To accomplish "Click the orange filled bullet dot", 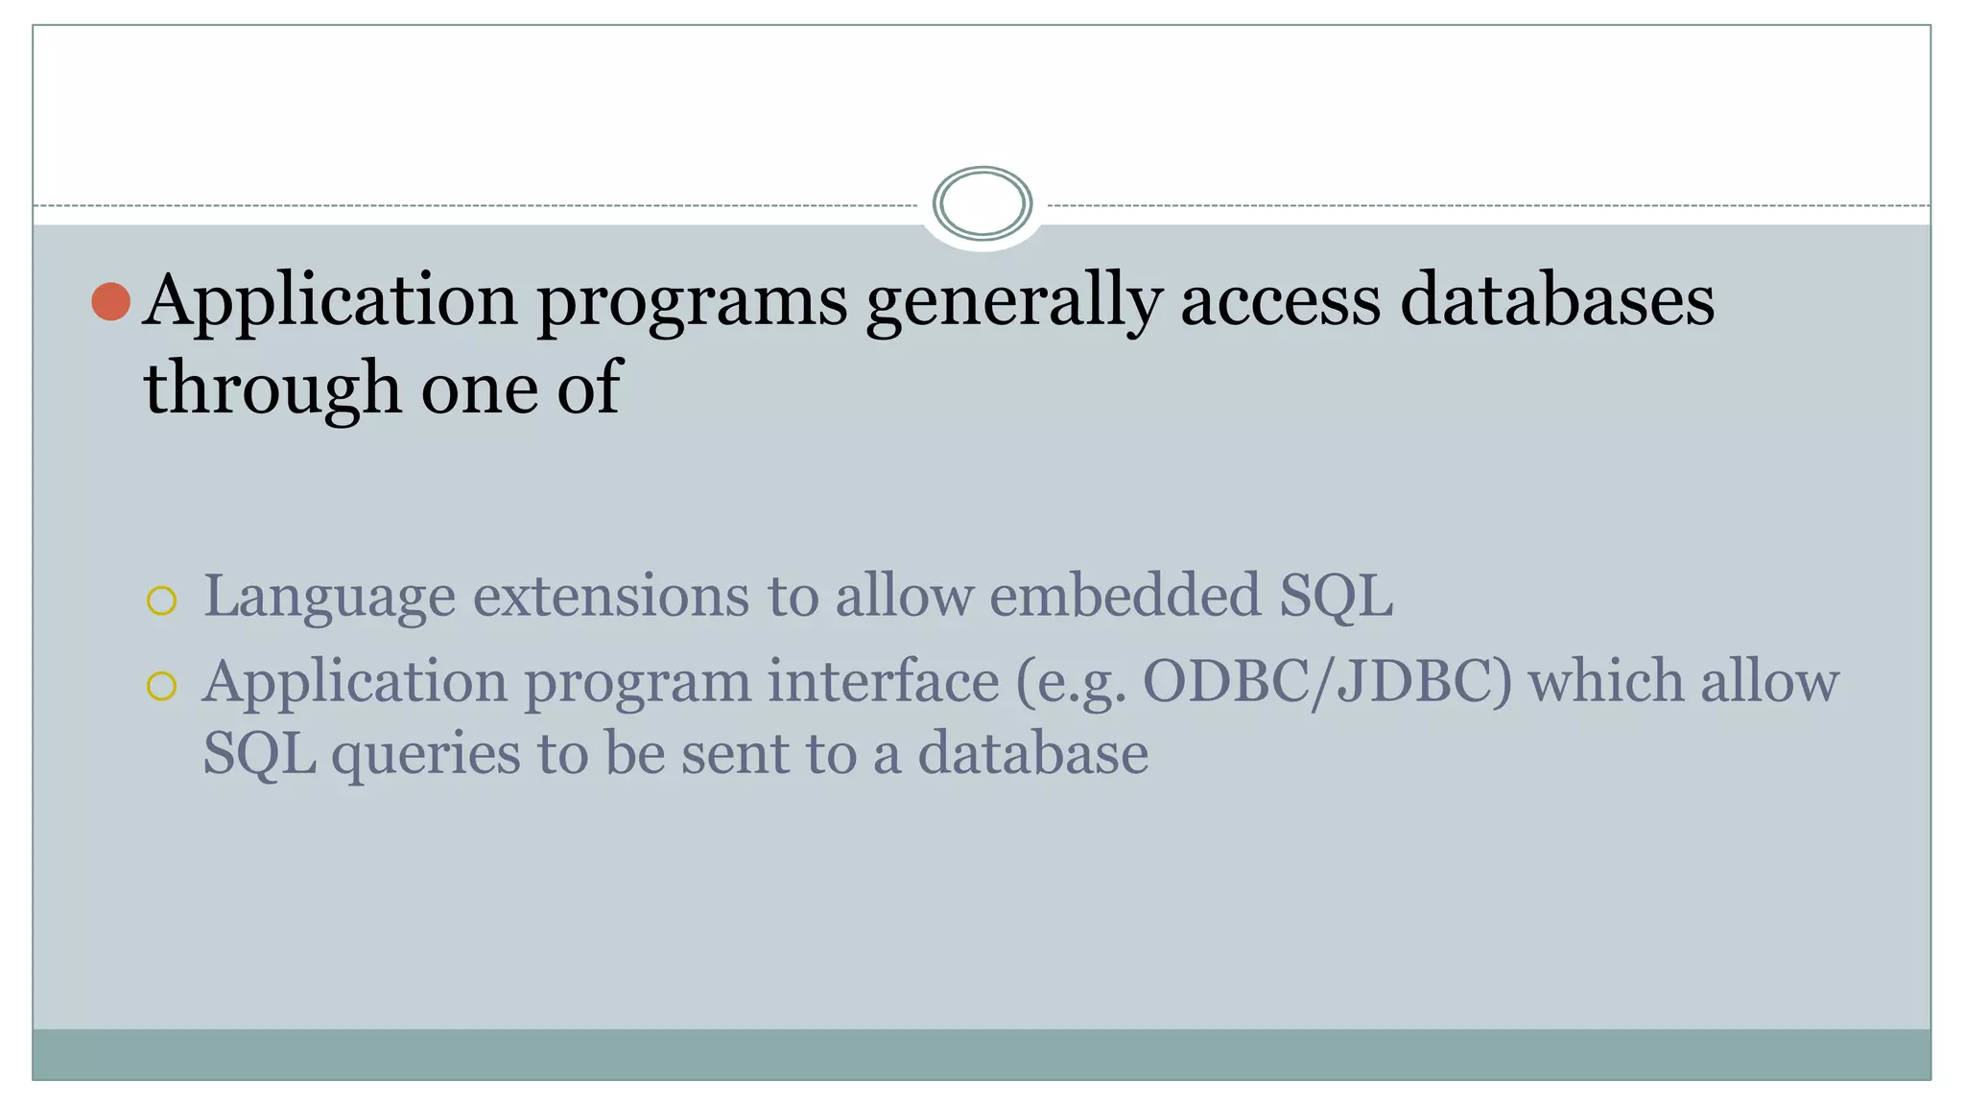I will (111, 301).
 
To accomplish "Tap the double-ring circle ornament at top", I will (982, 203).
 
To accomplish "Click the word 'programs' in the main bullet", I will (692, 303).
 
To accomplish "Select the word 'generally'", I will (1013, 303).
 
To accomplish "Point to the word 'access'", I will (1280, 301).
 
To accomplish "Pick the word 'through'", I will (272, 389).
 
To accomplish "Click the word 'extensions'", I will (610, 596).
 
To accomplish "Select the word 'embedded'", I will (1125, 596).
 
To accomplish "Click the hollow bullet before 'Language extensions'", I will (162, 601).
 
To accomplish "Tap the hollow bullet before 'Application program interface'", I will (162, 686).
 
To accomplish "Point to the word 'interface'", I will (883, 682).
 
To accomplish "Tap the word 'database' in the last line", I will (1032, 753).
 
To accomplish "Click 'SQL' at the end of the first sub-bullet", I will (1336, 597).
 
